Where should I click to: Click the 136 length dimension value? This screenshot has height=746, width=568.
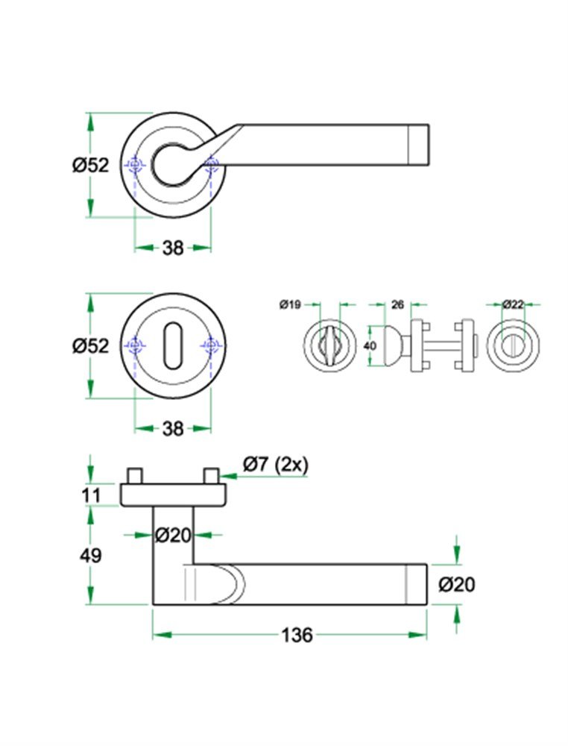point(297,636)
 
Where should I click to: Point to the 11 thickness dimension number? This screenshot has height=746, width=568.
point(91,495)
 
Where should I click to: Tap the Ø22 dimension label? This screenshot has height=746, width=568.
point(513,304)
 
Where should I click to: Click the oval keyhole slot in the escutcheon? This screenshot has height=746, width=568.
point(173,345)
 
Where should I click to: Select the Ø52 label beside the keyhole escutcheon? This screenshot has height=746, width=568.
point(90,346)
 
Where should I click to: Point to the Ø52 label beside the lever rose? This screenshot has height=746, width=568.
point(90,165)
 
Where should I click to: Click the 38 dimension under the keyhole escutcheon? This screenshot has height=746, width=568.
point(173,429)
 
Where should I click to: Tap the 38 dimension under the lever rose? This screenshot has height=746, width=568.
point(173,248)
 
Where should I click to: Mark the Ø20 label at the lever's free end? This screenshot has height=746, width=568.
point(456,585)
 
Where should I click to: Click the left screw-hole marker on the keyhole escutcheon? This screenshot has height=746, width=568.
point(134,345)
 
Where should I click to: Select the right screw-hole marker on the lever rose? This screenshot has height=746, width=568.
point(212,164)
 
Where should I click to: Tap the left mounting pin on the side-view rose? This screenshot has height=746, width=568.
point(135,475)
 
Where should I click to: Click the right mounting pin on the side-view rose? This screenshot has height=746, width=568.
point(211,475)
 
